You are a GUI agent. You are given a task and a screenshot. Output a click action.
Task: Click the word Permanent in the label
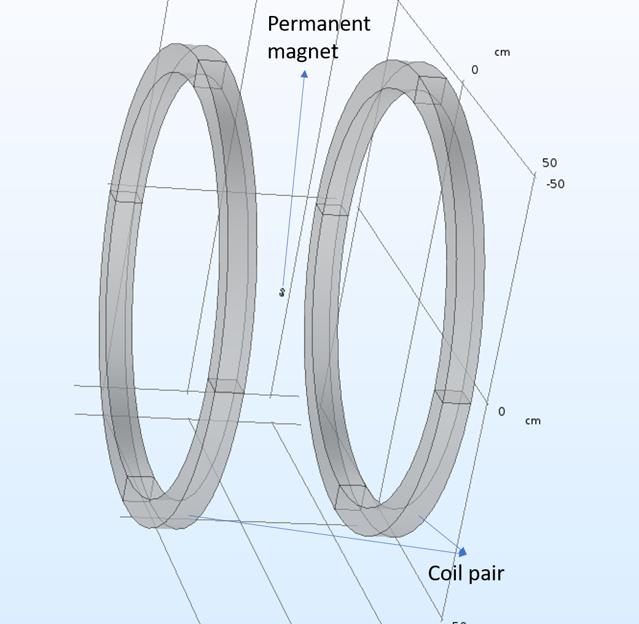point(318,24)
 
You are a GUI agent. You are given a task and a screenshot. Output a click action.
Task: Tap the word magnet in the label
point(302,51)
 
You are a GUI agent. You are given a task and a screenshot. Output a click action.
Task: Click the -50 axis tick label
point(555,184)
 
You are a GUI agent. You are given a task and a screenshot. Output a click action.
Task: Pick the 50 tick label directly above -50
point(549,163)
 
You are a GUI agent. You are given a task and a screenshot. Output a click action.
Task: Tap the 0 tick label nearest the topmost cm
point(474,70)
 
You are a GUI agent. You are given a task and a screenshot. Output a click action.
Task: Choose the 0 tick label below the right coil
point(501,411)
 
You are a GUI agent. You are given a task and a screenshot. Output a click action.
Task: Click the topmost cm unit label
point(502,53)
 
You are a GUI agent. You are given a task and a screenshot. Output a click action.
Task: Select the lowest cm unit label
point(533,421)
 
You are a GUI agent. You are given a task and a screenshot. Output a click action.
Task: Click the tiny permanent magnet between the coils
point(281,292)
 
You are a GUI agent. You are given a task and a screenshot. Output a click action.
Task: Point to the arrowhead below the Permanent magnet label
point(304,74)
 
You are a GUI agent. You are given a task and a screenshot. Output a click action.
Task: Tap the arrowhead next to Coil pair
point(462,551)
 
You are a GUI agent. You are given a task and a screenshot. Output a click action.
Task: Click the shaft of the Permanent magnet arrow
point(292,184)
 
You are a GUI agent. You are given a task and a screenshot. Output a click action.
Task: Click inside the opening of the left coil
point(175,277)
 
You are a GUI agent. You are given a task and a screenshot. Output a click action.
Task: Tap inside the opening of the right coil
point(393,295)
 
